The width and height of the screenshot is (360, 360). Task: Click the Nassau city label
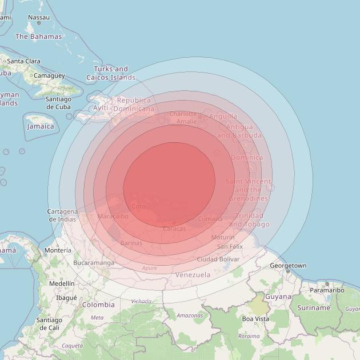click(39, 17)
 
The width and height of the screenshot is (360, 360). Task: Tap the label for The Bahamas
click(38, 37)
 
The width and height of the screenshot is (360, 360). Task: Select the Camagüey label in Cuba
click(49, 75)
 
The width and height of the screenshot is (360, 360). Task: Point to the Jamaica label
click(40, 126)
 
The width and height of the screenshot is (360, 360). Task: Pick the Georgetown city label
click(288, 266)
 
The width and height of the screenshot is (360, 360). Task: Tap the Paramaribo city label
click(326, 290)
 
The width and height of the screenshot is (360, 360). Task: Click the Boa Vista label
click(255, 319)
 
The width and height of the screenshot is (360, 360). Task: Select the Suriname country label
click(314, 307)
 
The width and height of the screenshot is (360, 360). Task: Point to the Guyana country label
click(278, 297)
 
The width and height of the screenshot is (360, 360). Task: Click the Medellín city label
click(62, 283)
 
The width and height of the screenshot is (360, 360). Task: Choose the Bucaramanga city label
click(91, 263)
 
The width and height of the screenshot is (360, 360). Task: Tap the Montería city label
click(58, 250)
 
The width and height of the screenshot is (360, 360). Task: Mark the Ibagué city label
click(66, 298)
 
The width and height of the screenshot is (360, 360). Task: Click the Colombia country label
click(98, 305)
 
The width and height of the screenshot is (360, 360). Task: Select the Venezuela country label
click(193, 275)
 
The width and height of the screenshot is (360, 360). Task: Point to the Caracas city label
click(174, 229)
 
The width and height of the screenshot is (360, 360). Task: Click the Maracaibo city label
click(113, 217)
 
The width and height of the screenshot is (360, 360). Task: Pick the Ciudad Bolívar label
click(218, 259)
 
